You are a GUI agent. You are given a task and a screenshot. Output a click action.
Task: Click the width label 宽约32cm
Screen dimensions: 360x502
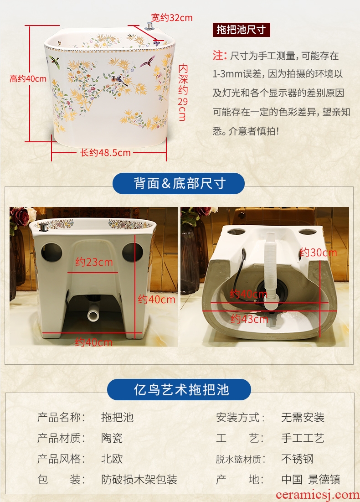click(x=172, y=18)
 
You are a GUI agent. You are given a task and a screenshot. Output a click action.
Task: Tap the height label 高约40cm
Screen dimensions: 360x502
click(x=28, y=79)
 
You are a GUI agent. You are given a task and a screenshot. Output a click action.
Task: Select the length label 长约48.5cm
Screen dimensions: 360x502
click(x=105, y=153)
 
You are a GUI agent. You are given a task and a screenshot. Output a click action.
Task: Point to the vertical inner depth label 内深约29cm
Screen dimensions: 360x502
click(x=183, y=92)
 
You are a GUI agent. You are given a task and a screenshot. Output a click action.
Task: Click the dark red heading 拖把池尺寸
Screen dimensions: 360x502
click(x=241, y=30)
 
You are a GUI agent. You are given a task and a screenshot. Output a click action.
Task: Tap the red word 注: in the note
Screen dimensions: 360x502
click(x=220, y=56)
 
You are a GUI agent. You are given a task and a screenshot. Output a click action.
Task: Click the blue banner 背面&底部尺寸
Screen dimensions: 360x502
click(x=179, y=183)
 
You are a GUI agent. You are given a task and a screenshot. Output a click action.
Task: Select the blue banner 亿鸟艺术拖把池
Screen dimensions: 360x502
click(x=179, y=390)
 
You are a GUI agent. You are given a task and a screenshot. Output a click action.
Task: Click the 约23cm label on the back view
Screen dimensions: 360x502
click(x=94, y=262)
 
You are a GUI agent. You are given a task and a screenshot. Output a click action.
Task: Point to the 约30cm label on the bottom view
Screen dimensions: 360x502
click(x=319, y=253)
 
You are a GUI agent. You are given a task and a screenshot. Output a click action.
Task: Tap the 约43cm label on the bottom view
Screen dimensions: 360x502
click(x=249, y=319)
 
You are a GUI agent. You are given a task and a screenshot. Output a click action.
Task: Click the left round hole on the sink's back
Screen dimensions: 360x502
click(x=51, y=252)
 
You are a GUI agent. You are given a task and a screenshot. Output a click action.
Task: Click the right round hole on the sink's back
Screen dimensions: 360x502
click(x=133, y=252)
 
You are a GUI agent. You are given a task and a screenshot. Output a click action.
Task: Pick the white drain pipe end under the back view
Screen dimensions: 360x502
click(x=93, y=315)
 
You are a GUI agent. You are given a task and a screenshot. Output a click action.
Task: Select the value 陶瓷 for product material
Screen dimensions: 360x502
click(x=112, y=438)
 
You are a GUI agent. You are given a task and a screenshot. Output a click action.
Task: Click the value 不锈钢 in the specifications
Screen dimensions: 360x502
click(x=297, y=459)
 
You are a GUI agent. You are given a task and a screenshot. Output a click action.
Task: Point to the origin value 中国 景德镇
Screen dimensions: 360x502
click(x=310, y=480)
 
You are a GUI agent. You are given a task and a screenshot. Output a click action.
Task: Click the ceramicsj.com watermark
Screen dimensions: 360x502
click(x=317, y=495)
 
